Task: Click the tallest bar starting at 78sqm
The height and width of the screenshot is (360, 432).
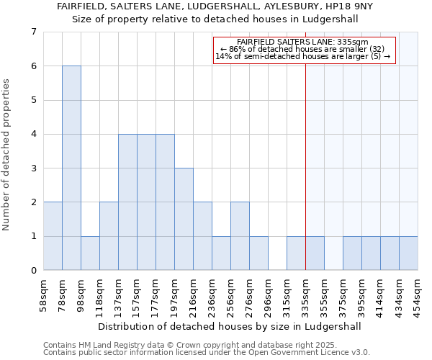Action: tap(71, 168)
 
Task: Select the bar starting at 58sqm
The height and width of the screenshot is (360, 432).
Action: tap(53, 236)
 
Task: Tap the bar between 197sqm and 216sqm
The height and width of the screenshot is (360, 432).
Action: tap(184, 219)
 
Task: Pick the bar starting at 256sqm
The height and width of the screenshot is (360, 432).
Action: tap(240, 236)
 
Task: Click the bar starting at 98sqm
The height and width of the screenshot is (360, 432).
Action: tap(90, 253)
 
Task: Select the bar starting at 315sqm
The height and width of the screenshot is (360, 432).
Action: tap(296, 253)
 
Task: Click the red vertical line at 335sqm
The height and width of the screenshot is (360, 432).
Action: tap(305, 158)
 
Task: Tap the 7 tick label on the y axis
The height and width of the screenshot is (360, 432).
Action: tap(33, 32)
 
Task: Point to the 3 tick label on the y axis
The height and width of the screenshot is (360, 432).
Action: tap(33, 168)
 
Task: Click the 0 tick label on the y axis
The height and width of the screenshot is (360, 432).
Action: tap(33, 271)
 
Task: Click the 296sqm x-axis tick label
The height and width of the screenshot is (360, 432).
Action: tap(268, 294)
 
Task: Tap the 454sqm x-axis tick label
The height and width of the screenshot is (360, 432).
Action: tap(418, 294)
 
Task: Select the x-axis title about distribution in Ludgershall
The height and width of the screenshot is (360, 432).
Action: tap(230, 326)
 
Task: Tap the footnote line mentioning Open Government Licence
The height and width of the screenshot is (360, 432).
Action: tap(207, 353)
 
